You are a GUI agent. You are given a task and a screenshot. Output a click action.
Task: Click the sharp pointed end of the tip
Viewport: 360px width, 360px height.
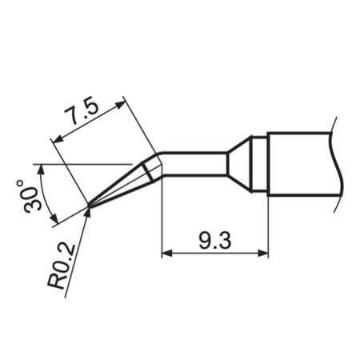click(x=87, y=210)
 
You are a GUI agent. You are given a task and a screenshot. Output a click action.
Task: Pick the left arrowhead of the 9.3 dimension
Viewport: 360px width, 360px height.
click(x=167, y=254)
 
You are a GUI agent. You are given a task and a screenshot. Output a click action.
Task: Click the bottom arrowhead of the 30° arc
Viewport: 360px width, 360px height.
click(x=54, y=221)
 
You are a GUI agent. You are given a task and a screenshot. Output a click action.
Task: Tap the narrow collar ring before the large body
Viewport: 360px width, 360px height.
click(x=258, y=164)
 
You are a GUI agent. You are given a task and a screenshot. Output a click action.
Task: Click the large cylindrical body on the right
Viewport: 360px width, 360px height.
click(x=300, y=164)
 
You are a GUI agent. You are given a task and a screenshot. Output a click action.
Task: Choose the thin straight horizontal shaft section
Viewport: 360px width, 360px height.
click(x=196, y=163)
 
